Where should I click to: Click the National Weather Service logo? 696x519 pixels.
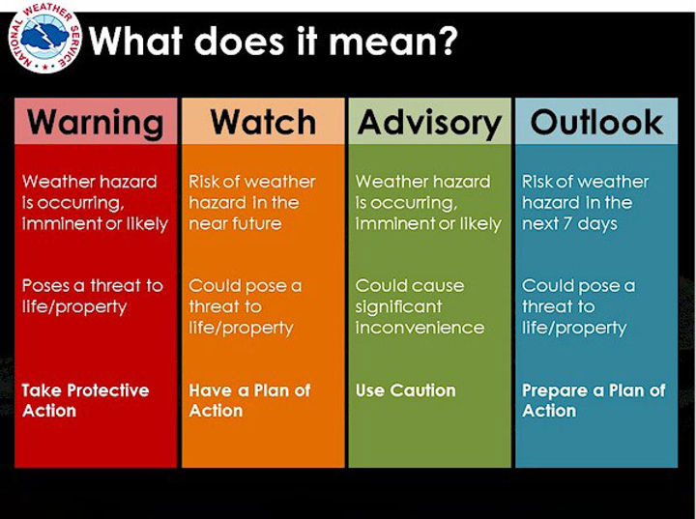45,42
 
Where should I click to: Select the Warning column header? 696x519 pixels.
96,122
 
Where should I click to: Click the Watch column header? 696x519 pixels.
263,122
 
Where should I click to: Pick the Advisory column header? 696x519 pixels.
429,123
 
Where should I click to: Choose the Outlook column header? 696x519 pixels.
596,122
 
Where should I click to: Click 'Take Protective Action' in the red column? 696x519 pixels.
85,400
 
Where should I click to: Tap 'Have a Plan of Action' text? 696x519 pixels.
249,400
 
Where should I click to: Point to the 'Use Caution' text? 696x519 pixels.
405,390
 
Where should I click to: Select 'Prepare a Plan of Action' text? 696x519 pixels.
594,400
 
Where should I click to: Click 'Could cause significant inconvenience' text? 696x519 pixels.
420,306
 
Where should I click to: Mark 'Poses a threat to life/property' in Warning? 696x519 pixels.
92,296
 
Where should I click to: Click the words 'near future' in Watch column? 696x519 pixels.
235,223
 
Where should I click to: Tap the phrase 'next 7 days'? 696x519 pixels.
569,223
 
